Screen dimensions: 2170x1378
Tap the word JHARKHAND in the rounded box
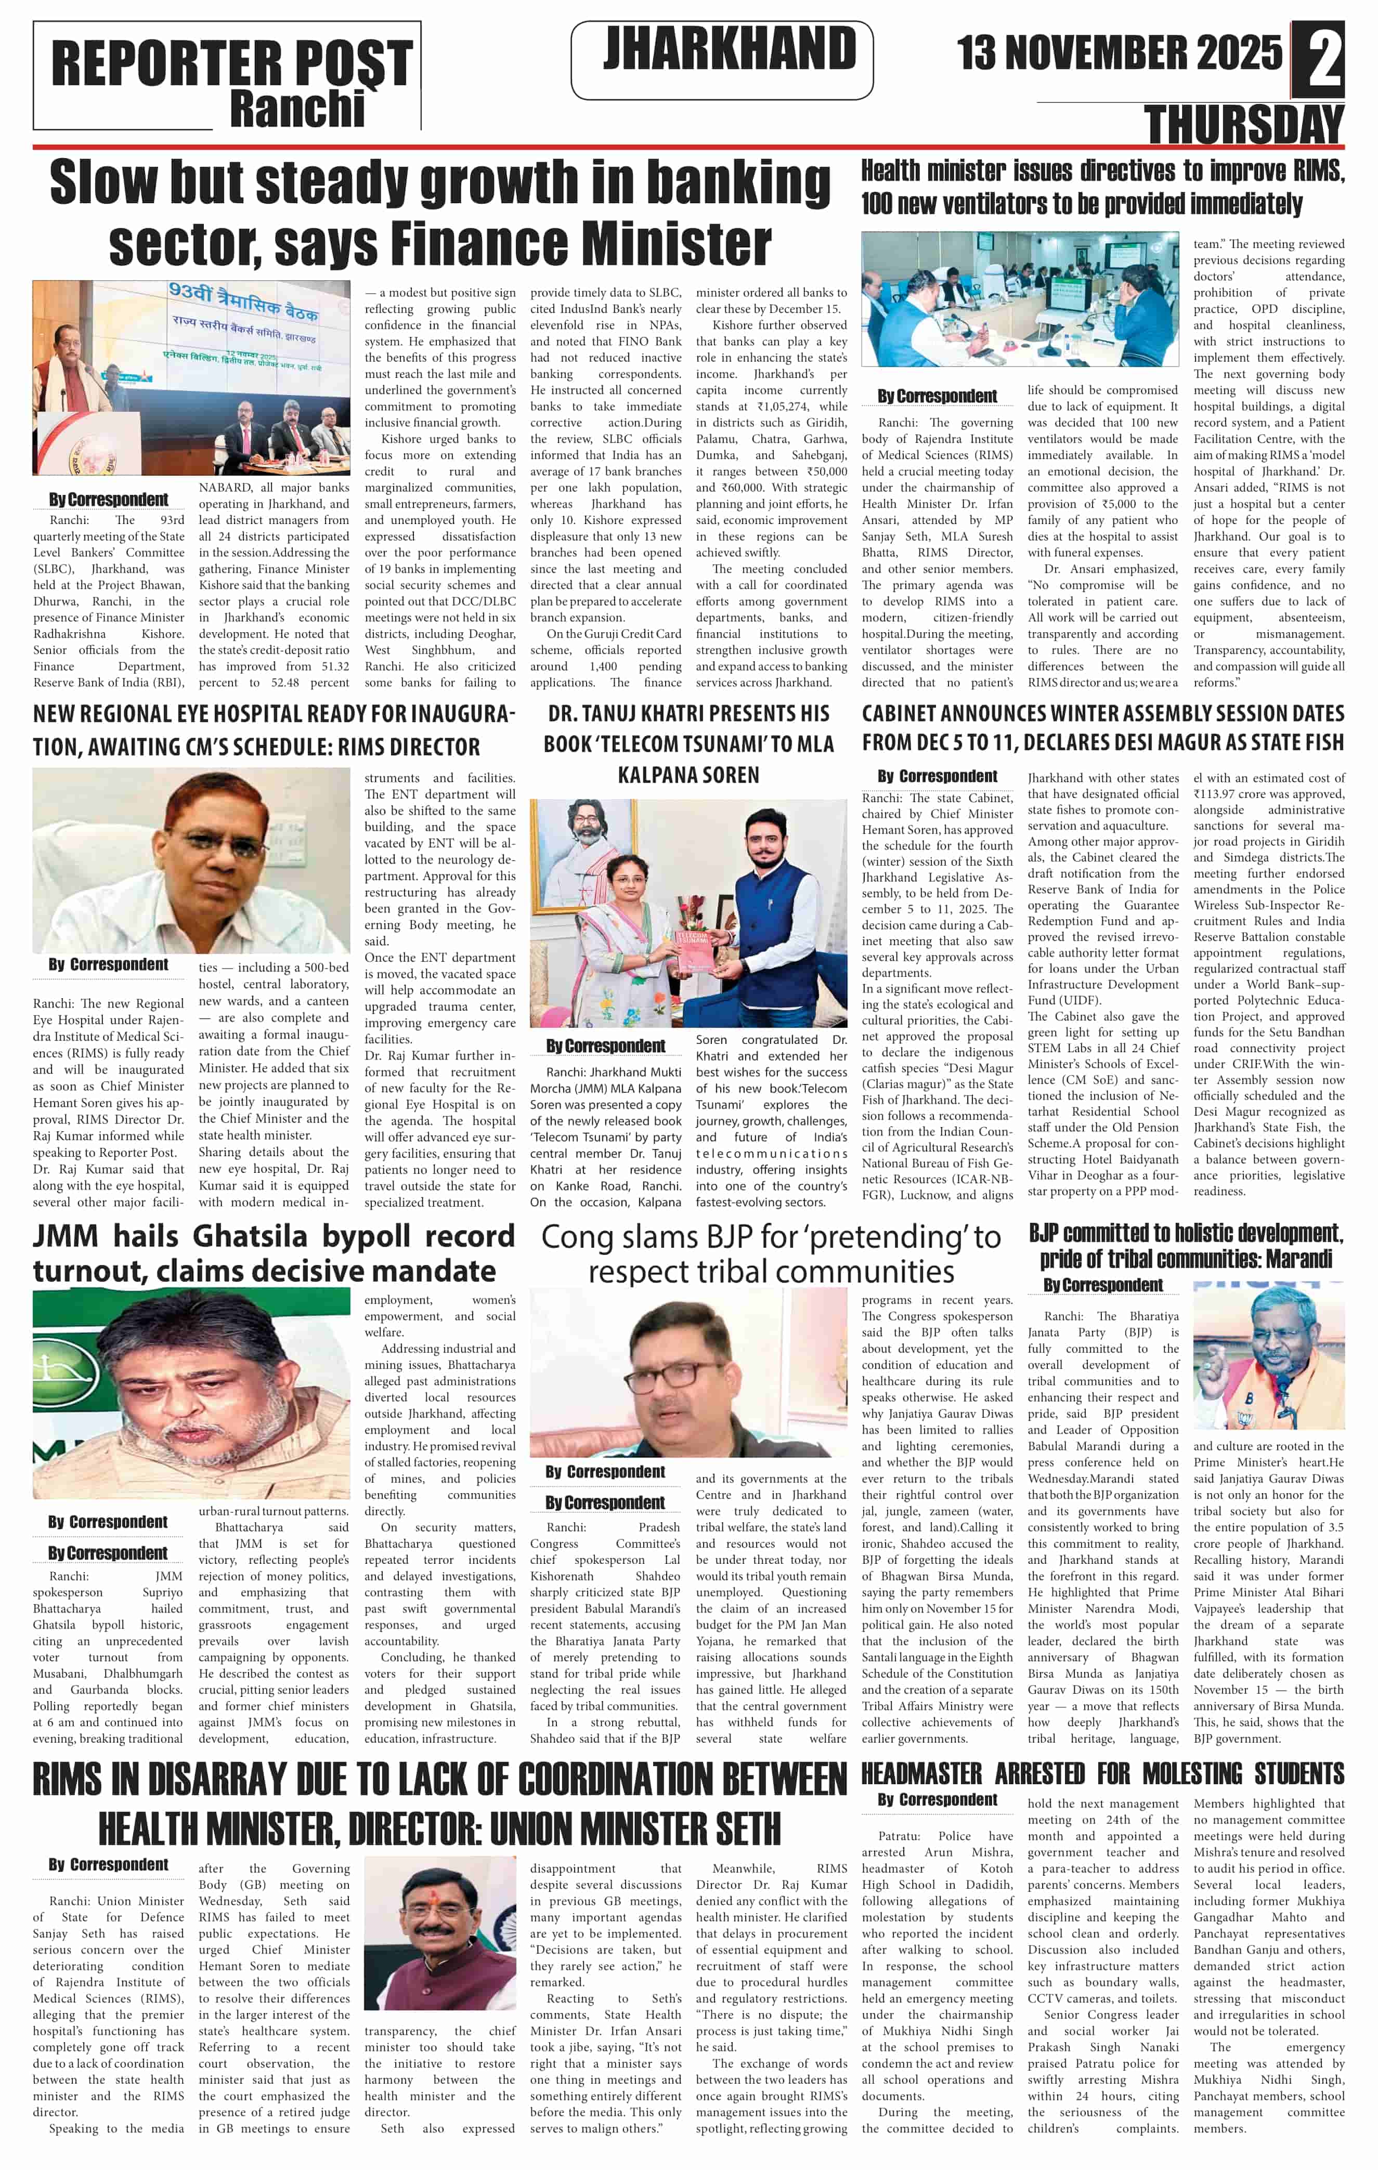(x=729, y=49)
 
